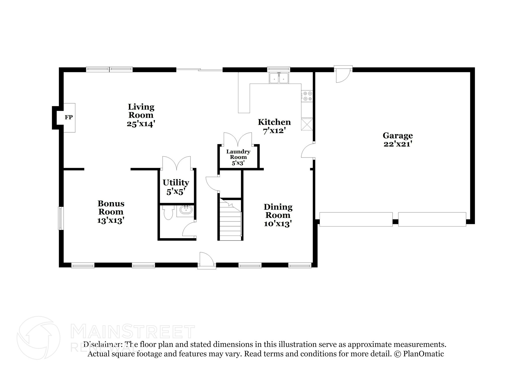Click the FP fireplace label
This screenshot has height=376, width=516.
tap(69, 117)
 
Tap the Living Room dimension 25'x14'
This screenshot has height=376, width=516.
tap(141, 124)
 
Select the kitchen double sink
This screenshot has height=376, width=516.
tap(279, 78)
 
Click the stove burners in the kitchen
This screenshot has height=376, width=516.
tap(307, 96)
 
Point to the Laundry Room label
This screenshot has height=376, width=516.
tap(238, 154)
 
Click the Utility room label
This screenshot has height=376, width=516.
tap(176, 183)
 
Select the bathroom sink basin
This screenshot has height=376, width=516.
tap(186, 209)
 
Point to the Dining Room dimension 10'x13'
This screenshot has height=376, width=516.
tap(278, 224)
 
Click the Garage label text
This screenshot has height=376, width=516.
tap(398, 136)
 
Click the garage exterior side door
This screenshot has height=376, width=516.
tap(342, 75)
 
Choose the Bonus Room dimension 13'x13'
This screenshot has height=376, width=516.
tap(111, 220)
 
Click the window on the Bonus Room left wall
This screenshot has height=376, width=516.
tap(60, 218)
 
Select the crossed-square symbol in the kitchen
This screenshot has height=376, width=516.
tap(307, 124)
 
